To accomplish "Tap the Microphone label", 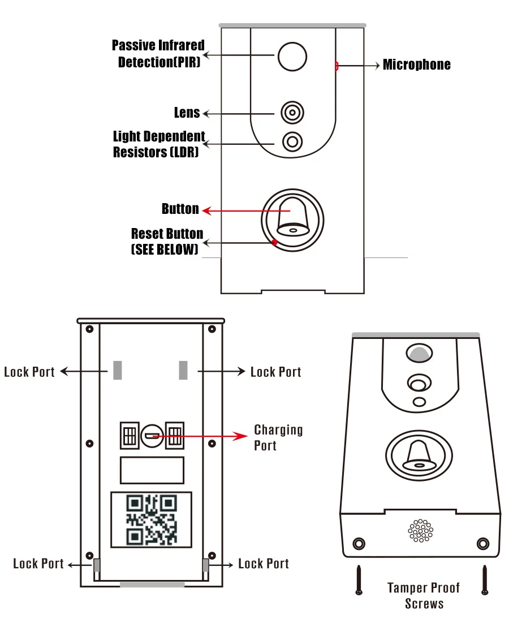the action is tap(416, 65).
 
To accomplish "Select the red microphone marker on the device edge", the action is tap(336, 66).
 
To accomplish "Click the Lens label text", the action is tap(187, 113).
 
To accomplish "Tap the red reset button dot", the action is tap(274, 242).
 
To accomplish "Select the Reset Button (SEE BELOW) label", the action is tap(167, 241).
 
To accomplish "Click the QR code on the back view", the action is tap(152, 519).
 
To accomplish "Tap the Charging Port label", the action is tap(278, 437).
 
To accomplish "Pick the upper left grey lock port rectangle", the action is tap(118, 370).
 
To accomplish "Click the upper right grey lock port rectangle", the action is tap(183, 370).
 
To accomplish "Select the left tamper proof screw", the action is tap(359, 580).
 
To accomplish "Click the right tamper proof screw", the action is tap(485, 580).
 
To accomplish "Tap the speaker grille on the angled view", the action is tap(421, 530).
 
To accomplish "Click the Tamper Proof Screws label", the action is tap(424, 596).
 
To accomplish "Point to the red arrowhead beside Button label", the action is tap(206, 210).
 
